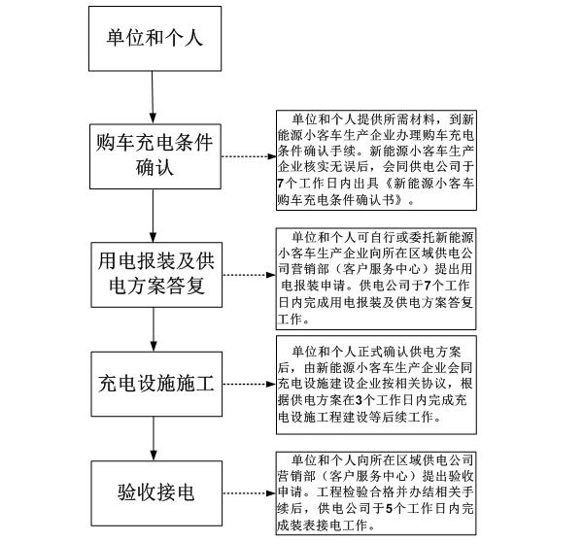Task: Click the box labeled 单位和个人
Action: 154,40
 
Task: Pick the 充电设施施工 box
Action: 154,380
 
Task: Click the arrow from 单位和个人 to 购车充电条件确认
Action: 154,97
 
